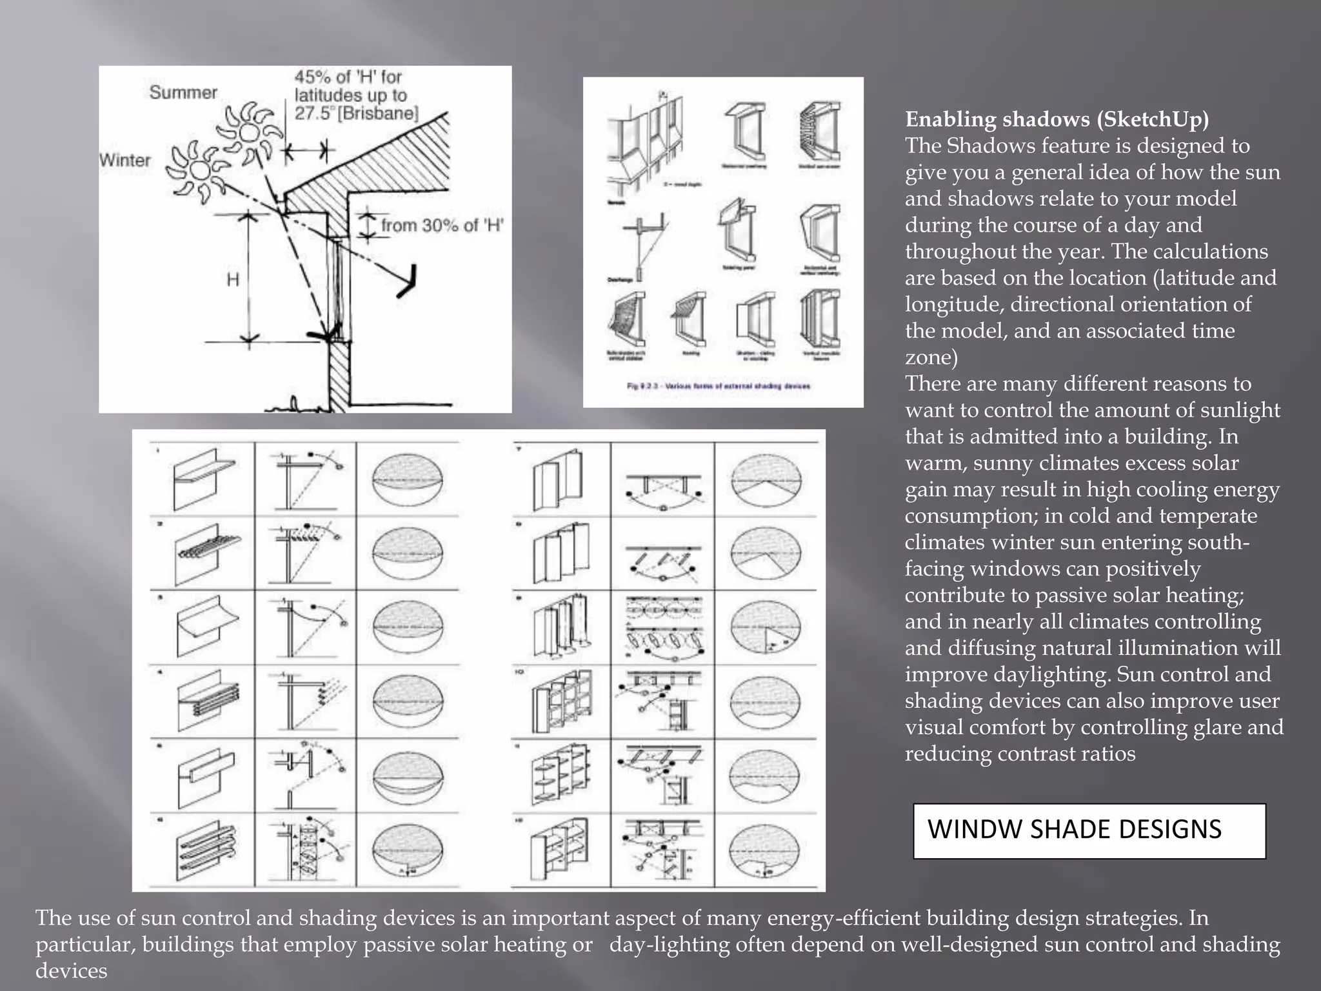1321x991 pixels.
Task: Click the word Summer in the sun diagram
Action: (183, 92)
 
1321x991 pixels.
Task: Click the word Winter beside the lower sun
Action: (125, 160)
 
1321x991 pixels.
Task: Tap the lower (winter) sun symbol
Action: (199, 170)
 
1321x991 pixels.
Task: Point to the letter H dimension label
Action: (233, 279)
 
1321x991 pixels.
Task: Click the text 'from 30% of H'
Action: (442, 225)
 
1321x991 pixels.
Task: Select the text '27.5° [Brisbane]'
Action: (357, 114)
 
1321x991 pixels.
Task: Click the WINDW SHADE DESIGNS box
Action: (1089, 830)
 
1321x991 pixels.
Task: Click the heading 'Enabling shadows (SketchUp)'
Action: (1057, 119)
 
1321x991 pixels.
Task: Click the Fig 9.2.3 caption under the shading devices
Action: (718, 386)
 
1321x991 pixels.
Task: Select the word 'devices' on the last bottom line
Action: (71, 971)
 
